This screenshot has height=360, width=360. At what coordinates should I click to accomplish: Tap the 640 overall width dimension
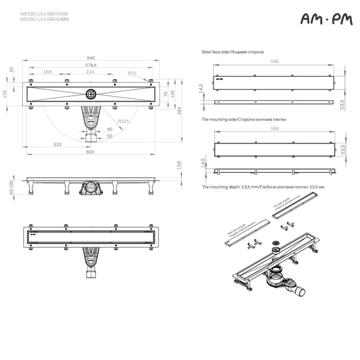pos(90,58)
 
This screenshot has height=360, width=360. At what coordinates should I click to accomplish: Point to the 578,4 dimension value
pos(91,65)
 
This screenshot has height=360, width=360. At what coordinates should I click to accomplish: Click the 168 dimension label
pos(47,72)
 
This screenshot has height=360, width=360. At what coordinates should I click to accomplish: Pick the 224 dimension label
pos(90,72)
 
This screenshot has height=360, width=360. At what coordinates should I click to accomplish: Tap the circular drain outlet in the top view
pos(91,94)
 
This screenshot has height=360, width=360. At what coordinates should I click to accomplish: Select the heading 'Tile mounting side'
pos(235,120)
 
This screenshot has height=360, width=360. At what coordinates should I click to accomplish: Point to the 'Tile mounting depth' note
pos(262,187)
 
